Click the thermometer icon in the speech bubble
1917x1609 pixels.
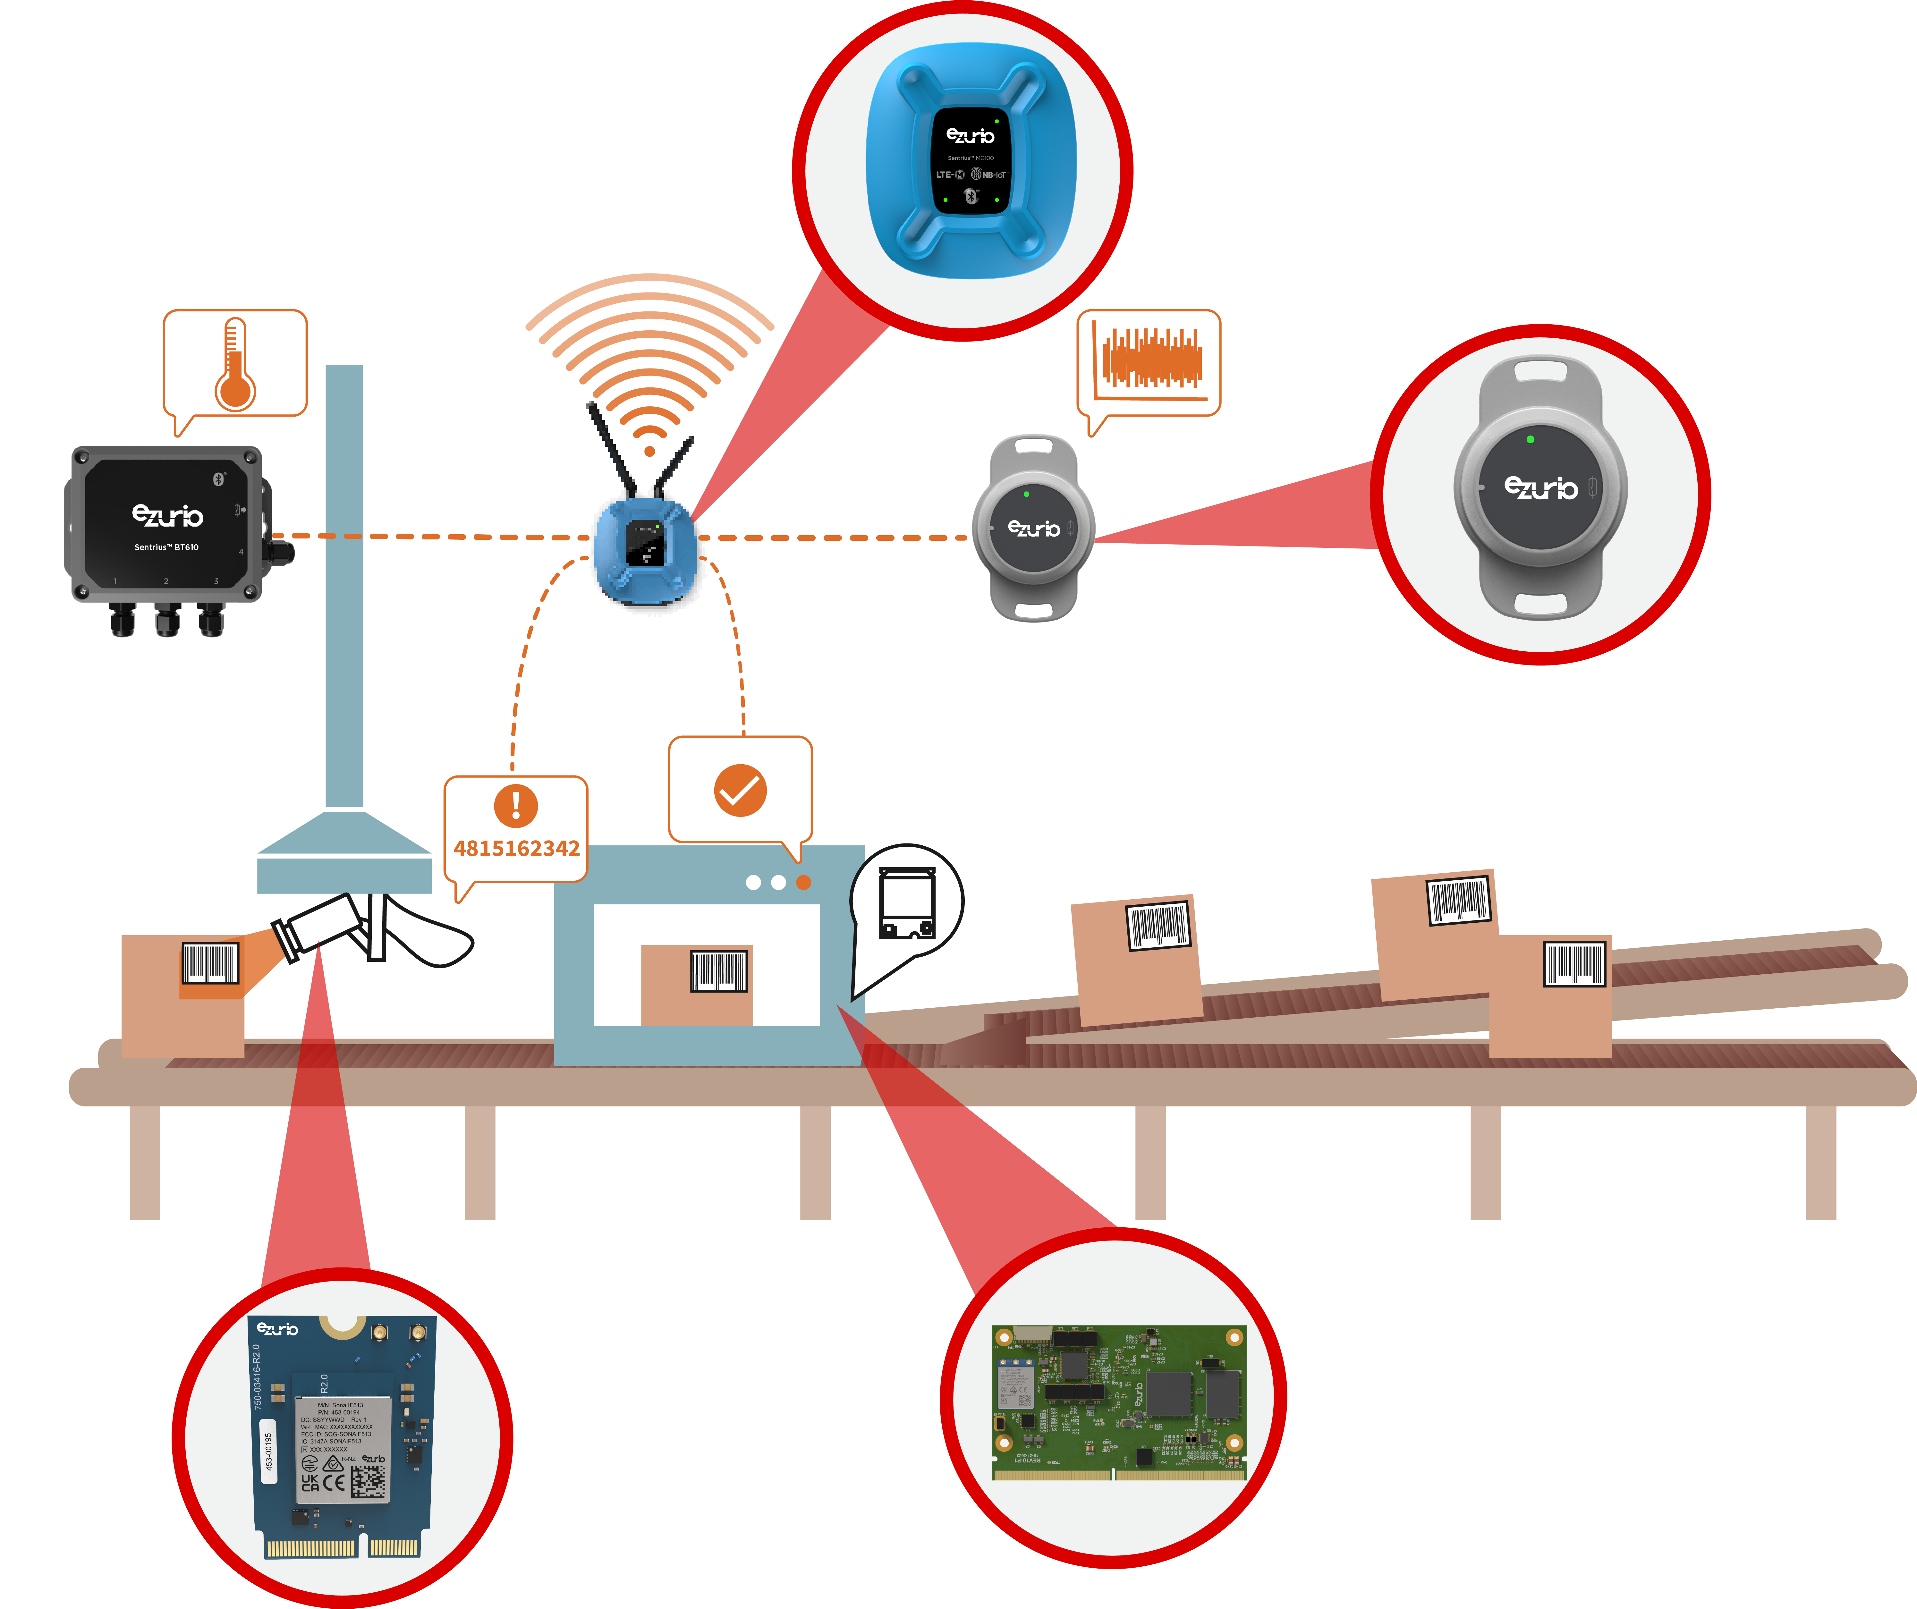tap(234, 365)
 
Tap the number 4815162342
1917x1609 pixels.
tap(517, 849)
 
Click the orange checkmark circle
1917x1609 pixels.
tap(740, 790)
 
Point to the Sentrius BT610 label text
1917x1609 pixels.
tap(166, 547)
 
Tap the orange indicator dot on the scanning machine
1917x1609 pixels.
tap(803, 883)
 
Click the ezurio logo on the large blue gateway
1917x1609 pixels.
tap(971, 136)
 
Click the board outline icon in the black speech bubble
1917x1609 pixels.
tap(906, 903)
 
